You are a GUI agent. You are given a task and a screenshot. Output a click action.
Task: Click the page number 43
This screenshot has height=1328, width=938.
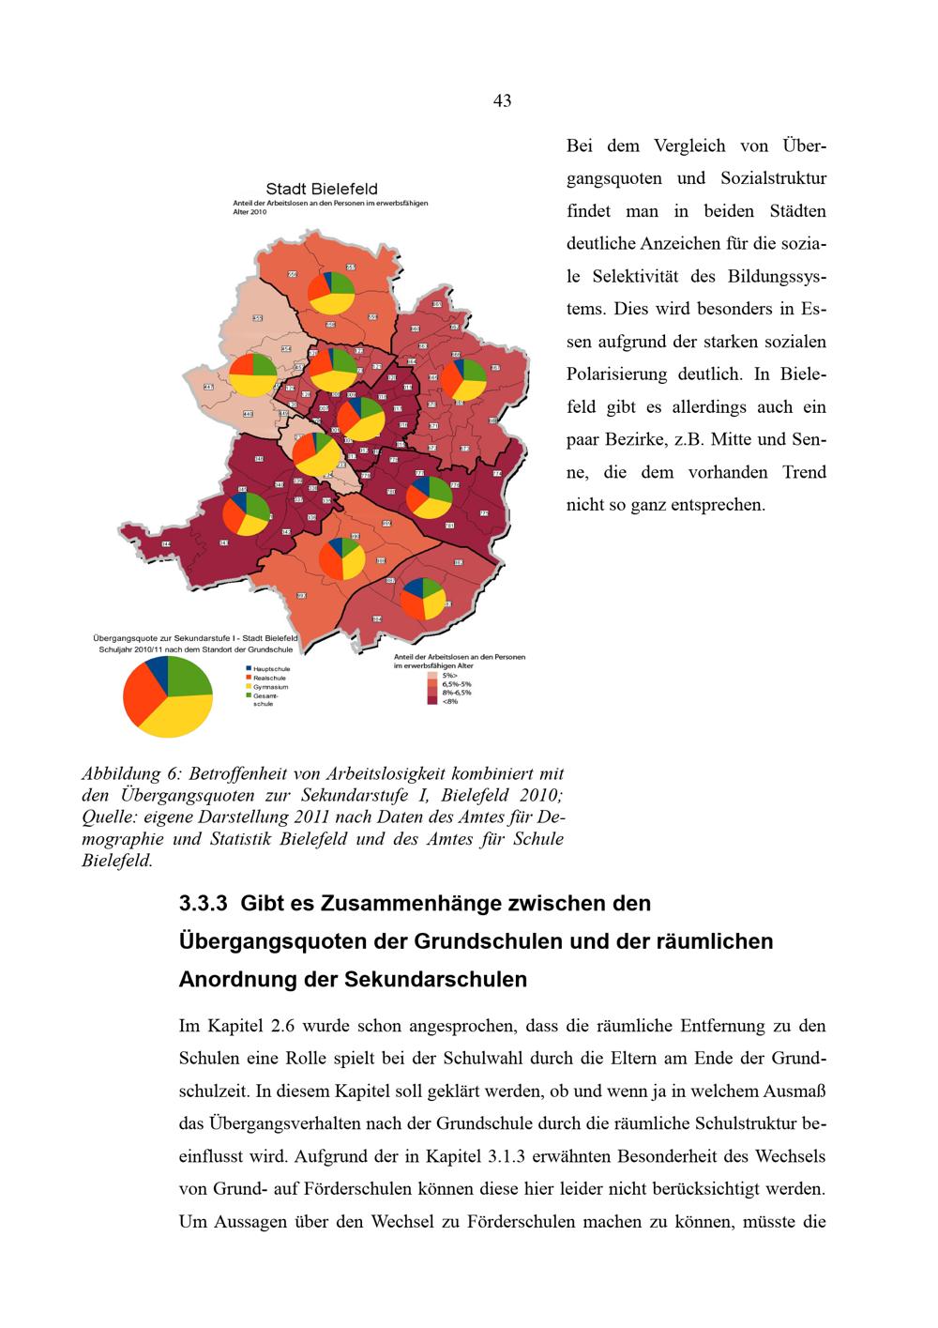pos(502,101)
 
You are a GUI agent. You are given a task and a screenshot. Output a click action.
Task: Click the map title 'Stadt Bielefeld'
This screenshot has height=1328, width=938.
pos(322,190)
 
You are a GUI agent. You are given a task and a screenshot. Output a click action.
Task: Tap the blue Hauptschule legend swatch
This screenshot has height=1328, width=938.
pos(248,668)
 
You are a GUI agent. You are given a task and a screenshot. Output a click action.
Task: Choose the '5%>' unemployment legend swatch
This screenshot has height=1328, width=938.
pos(432,675)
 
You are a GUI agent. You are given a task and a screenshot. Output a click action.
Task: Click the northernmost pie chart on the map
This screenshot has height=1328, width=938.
pos(332,293)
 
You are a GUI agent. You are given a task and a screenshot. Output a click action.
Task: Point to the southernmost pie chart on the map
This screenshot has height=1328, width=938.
pos(423,599)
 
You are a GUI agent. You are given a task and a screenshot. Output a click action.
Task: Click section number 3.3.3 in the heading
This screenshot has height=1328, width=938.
pos(204,904)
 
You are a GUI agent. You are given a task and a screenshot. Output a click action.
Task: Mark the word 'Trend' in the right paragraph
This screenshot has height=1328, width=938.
pos(804,472)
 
